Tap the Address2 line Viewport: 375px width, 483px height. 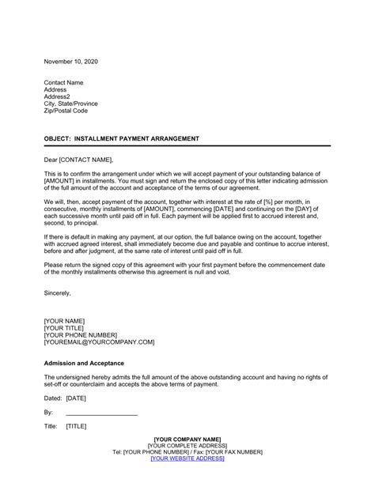60,97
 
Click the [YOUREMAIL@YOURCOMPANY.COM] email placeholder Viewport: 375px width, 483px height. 99,343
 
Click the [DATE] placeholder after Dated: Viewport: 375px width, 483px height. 77,398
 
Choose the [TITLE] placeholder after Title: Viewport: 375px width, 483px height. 77,428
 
